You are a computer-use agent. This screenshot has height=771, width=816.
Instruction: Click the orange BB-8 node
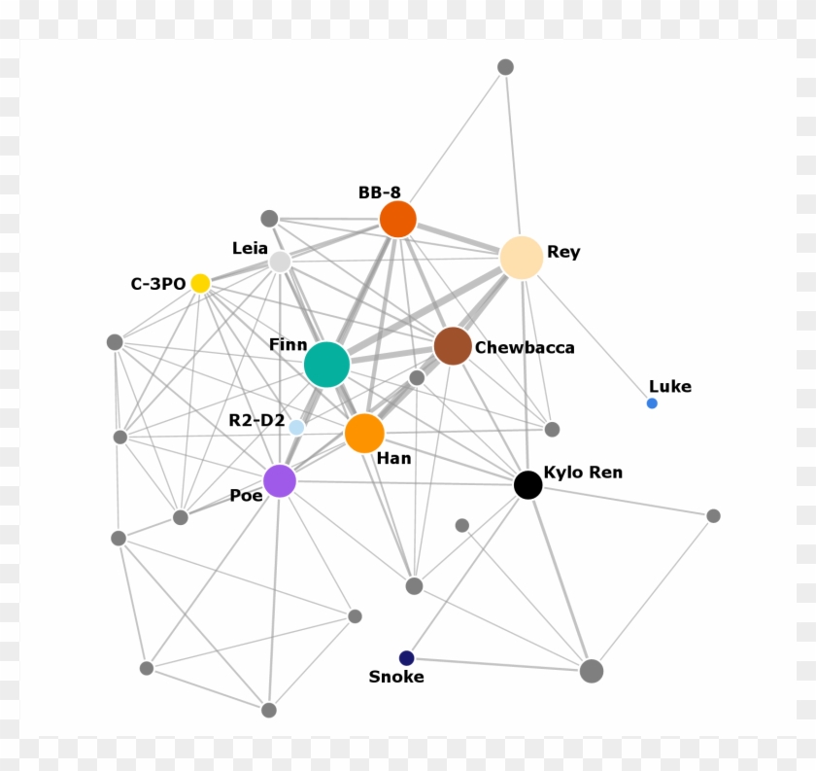tap(398, 219)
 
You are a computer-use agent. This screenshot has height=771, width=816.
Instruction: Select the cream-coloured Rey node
tap(522, 257)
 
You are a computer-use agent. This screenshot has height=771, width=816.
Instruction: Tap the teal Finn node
tap(326, 365)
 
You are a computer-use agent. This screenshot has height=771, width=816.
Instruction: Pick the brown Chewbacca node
tap(453, 346)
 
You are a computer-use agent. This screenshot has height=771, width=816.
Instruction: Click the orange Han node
tap(364, 433)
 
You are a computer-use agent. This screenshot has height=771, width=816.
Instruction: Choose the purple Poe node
tap(280, 480)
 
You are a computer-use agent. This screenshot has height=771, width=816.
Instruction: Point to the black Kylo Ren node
tap(527, 484)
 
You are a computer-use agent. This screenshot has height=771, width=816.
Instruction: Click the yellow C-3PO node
tap(200, 283)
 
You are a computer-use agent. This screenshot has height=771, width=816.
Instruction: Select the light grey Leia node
tap(280, 262)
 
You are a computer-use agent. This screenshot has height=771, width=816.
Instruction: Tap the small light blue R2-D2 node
tap(296, 427)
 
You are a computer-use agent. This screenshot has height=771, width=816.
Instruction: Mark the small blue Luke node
tap(652, 403)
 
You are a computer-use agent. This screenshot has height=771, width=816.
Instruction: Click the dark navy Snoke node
tap(407, 658)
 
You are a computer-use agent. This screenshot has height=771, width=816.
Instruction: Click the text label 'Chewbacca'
tap(525, 347)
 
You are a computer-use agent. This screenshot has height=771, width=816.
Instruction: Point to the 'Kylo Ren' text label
tap(583, 473)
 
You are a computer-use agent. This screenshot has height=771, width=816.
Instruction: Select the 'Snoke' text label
tap(396, 677)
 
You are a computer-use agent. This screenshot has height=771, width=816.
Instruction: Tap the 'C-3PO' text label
tap(158, 284)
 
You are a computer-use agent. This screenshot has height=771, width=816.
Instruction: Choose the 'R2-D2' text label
tap(256, 421)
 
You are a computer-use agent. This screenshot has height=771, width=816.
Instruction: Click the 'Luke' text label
tap(670, 386)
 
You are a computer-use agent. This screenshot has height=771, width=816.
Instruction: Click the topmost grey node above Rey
tap(505, 67)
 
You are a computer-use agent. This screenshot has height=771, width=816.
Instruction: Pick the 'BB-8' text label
tap(379, 193)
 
